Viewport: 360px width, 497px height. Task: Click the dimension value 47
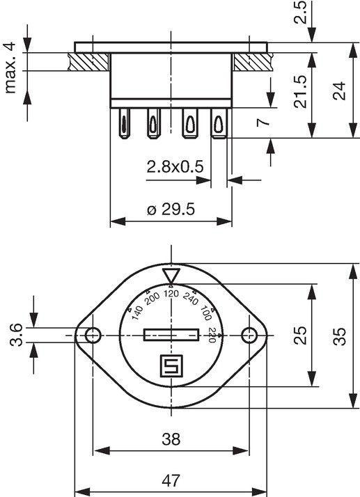coord(171,480)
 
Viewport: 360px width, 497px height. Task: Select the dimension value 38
coord(171,439)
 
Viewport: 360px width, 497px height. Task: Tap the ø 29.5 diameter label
coord(171,210)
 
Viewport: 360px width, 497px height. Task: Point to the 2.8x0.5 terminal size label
coord(175,167)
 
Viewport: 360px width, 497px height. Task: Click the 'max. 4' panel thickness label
coord(10,68)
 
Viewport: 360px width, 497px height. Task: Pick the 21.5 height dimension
coord(300,92)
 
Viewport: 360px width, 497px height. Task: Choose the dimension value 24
coord(340,91)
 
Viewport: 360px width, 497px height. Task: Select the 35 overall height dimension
coord(340,336)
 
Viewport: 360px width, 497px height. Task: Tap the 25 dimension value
coord(300,336)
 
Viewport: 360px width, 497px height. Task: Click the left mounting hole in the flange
coord(93,335)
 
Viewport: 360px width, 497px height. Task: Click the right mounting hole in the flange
coord(249,336)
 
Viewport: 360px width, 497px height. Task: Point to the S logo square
coord(171,365)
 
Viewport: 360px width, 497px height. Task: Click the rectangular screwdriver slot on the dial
coord(171,335)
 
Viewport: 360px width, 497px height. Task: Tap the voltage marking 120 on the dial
coord(171,294)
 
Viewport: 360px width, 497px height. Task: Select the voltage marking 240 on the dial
coord(190,298)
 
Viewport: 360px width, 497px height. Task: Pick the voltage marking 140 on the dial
coord(137,313)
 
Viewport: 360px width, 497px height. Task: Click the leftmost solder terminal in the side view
coord(124,123)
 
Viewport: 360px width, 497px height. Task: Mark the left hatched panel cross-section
coord(89,62)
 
